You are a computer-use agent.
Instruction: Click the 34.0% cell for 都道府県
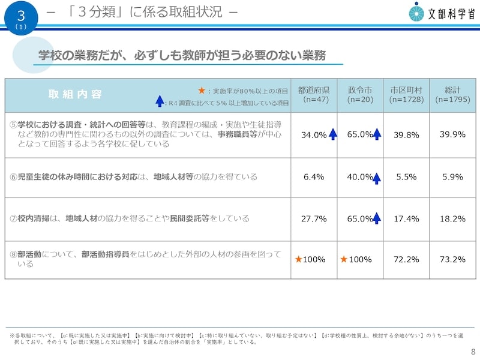point(313,135)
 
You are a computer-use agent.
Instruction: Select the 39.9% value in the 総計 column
point(452,134)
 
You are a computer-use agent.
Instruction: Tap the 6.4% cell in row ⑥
point(313,177)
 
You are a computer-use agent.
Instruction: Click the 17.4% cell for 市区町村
point(406,219)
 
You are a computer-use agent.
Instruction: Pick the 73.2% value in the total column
point(452,260)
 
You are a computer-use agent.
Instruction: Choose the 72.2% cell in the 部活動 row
point(406,260)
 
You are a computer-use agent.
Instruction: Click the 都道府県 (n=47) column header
point(313,95)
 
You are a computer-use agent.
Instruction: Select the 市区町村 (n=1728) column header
point(406,95)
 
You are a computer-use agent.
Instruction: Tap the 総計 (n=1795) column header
point(452,95)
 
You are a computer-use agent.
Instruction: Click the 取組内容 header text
point(75,94)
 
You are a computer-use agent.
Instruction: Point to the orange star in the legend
point(202,91)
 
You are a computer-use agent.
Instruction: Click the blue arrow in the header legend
point(160,102)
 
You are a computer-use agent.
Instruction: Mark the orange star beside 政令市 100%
point(344,260)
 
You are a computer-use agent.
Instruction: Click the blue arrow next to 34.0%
point(332,134)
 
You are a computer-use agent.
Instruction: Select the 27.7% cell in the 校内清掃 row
point(313,219)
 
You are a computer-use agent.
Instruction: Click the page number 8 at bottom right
point(473,351)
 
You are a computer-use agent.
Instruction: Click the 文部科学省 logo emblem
point(416,12)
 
